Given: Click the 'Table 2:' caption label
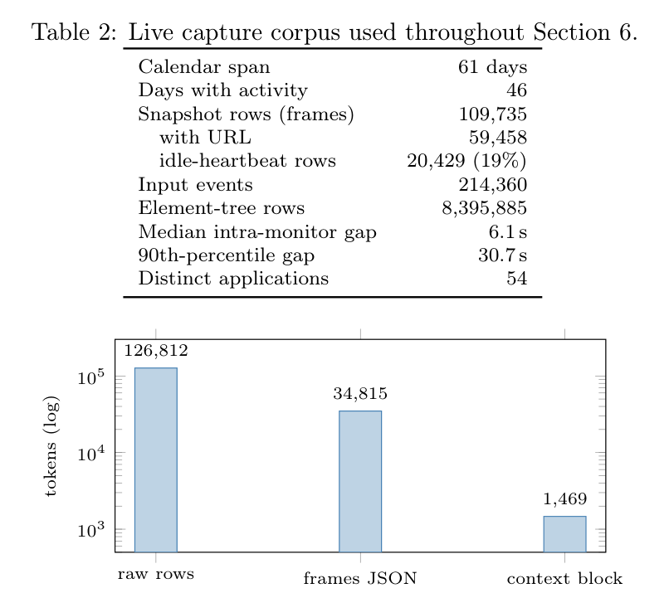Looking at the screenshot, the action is [x=74, y=32].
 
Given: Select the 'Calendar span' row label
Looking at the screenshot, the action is [x=204, y=67].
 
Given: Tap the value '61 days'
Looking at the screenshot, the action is [x=492, y=67].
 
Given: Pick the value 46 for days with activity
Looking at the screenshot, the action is [x=516, y=90].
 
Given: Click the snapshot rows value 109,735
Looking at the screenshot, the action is [x=493, y=114].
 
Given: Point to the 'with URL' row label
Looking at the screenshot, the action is [x=205, y=138].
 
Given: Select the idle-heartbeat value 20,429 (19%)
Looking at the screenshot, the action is [x=466, y=161].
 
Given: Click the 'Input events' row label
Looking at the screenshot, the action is [x=195, y=185].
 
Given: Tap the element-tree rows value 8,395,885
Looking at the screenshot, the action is [x=484, y=208].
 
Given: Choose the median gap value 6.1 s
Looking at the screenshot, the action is [x=508, y=232].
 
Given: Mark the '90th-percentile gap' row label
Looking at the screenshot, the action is [x=226, y=255].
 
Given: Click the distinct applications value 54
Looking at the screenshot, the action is [x=516, y=279].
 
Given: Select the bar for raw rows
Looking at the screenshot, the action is [x=156, y=460].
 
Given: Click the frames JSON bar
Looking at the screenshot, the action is [x=360, y=481].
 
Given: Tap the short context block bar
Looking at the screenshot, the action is [x=564, y=534].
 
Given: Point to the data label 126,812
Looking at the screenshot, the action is [x=156, y=351].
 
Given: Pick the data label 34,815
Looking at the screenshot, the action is [x=360, y=394].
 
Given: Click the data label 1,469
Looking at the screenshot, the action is [x=565, y=499].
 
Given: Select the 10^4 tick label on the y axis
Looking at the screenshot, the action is [x=90, y=453].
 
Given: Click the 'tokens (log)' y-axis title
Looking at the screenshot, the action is [x=51, y=446].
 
